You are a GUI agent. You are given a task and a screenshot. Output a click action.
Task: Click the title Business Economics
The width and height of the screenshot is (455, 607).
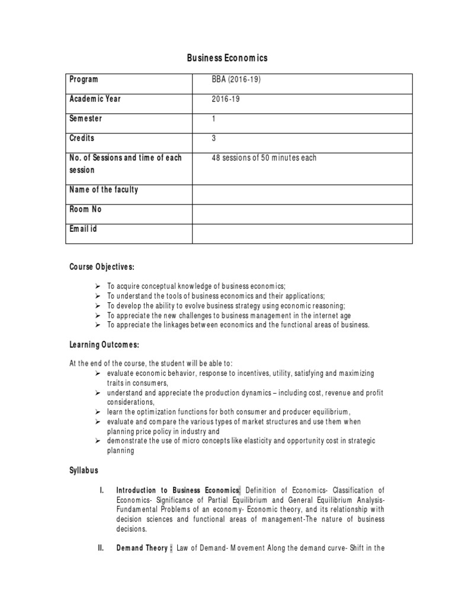point(227,58)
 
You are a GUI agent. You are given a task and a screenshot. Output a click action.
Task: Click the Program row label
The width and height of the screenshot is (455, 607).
point(84,79)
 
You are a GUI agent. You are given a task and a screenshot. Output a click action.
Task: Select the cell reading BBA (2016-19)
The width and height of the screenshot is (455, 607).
point(236,80)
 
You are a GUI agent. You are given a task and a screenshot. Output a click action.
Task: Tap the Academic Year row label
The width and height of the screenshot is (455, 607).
point(95,99)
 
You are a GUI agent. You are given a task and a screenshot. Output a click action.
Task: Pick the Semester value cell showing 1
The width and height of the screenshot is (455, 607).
point(214,119)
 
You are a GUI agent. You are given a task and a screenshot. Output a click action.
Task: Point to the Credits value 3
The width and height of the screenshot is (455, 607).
point(214,139)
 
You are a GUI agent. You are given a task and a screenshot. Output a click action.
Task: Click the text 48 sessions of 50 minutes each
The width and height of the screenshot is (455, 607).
point(264,158)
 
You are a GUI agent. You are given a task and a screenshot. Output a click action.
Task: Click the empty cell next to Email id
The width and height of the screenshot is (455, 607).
point(303,234)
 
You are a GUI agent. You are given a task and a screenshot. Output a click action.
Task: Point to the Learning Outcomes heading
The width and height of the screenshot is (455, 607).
point(104,345)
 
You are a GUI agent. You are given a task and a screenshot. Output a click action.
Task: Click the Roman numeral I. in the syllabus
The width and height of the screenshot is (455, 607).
point(101,490)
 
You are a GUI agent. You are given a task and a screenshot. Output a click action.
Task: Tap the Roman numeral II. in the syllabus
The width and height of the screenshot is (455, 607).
point(101,548)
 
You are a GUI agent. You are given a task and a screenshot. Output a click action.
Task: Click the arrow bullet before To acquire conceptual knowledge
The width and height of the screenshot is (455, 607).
point(98,286)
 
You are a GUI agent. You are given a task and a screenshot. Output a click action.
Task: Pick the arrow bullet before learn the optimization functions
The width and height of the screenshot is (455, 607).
point(98,412)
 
